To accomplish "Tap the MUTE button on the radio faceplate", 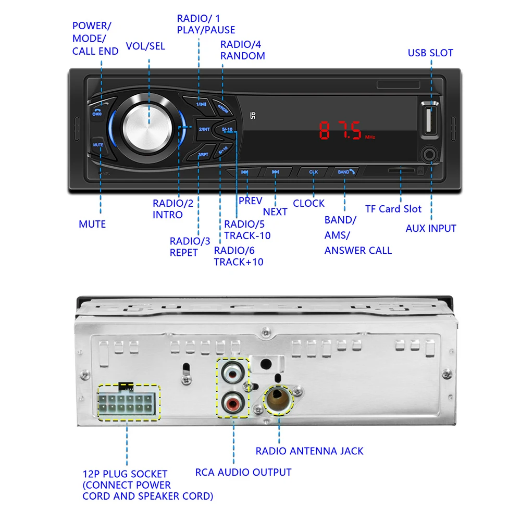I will pos(98,145).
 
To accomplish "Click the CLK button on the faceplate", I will pos(313,172).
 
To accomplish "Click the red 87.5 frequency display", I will pos(341,131).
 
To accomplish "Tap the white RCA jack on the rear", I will pos(232,374).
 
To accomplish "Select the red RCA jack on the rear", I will pos(232,402).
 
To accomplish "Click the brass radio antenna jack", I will pos(279,400).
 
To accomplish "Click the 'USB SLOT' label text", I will pos(430,53).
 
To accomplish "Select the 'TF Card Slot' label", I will pos(393,209).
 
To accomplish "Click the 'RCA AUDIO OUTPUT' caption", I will pos(243,473).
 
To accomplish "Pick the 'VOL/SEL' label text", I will pos(145,46).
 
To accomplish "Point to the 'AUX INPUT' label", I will pos(431,228).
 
